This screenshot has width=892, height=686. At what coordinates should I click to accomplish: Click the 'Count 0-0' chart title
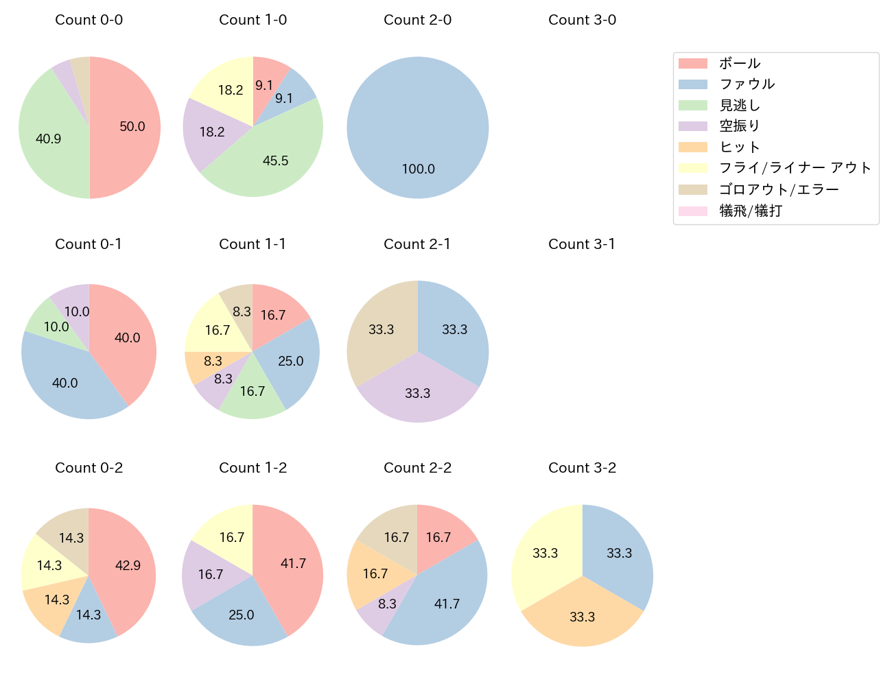[x=89, y=20]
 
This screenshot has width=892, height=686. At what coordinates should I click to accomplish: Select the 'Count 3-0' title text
[x=582, y=20]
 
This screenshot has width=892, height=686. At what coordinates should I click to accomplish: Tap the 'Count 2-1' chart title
[x=417, y=244]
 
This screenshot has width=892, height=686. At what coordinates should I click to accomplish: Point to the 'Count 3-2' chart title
[x=582, y=468]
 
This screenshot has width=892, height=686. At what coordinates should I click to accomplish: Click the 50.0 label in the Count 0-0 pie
[x=132, y=127]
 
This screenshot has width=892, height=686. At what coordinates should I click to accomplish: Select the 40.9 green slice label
[x=49, y=139]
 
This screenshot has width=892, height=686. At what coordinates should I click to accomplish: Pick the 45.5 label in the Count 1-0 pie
[x=276, y=161]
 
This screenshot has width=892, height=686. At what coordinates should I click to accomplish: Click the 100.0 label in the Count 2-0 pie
[x=419, y=169]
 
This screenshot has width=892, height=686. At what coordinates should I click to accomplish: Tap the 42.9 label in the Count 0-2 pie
[x=128, y=566]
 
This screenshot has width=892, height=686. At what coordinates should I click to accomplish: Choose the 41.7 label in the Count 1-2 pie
[x=294, y=564]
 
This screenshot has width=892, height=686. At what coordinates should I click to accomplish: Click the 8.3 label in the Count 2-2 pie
[x=388, y=604]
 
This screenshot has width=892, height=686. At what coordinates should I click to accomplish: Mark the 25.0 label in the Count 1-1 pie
[x=291, y=362]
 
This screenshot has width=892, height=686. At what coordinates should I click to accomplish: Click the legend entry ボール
[x=740, y=63]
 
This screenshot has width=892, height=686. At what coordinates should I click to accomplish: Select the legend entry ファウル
[x=747, y=84]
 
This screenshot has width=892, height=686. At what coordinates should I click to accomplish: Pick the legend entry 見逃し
[x=740, y=106]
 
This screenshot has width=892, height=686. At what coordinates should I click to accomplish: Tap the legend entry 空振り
[x=740, y=126]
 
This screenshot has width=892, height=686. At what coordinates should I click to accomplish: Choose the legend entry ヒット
[x=740, y=147]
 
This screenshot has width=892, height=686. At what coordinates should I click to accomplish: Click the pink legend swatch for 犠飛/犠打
[x=692, y=211]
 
